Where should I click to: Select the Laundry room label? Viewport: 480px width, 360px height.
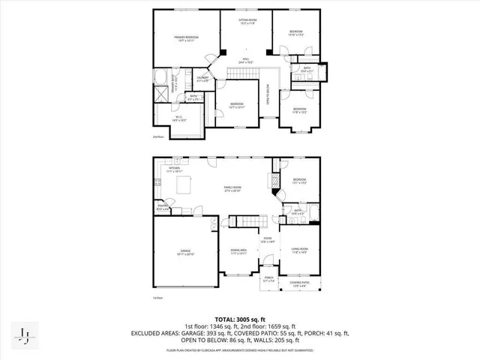[202, 78]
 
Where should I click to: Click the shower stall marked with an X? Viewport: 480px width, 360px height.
[163, 94]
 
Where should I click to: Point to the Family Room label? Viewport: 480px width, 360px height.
[232, 189]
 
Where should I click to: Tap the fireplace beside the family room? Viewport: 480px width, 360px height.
[274, 181]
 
